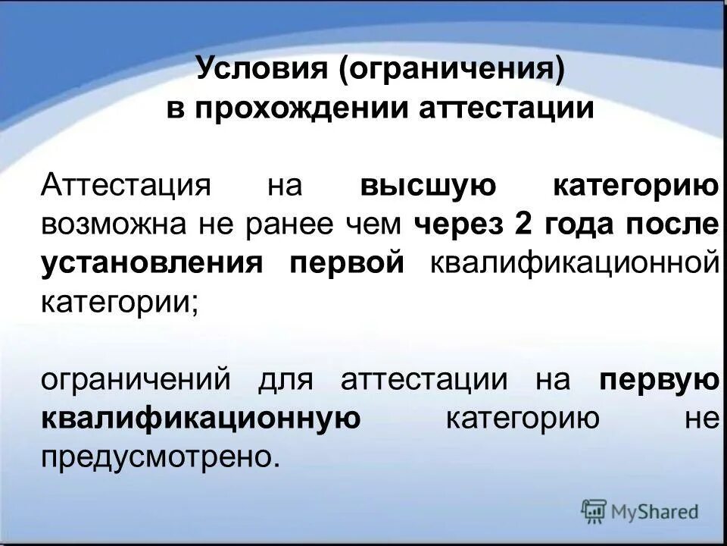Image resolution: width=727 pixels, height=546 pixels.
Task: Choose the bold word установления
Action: [151, 262]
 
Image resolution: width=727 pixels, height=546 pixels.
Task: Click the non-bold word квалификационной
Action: [573, 262]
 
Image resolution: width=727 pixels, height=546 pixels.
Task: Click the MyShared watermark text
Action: [655, 512]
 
